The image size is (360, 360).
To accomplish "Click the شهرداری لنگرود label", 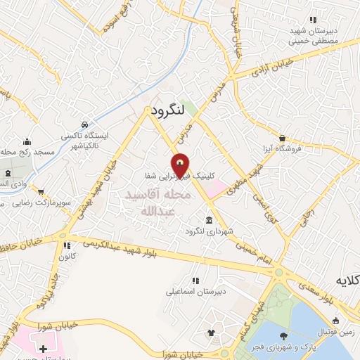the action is [x=209, y=231].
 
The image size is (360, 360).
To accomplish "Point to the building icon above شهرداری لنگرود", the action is [x=209, y=219].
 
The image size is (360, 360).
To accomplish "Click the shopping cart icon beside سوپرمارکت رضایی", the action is [x=41, y=191].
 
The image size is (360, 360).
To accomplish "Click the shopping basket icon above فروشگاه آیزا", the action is [x=282, y=139].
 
